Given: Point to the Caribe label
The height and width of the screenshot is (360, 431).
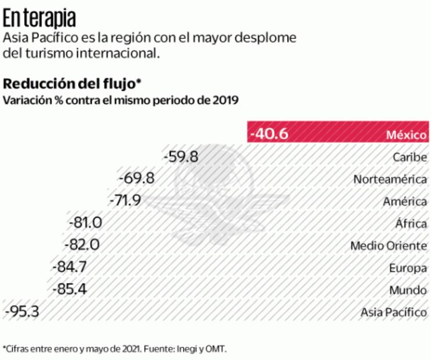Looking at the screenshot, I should coord(410,157).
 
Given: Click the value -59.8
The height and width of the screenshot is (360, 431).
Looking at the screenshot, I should coord(181,157).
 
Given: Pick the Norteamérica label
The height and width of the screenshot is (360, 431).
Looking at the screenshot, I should coord(390,179).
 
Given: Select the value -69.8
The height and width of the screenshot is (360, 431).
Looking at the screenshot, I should coord(136,179).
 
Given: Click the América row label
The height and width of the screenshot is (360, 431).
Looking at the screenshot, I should coord(405,201).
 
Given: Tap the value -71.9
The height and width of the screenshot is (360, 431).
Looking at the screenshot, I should coord(125,201).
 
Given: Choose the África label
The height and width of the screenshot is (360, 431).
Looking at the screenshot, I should coord(411,224).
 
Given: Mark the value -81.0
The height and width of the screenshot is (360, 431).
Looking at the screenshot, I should coord(85,223).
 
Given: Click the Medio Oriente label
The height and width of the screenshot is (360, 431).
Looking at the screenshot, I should coord(389,246).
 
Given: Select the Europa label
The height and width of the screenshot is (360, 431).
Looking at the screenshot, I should coord(409,268).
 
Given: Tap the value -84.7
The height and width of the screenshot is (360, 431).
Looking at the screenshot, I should coord(69,267).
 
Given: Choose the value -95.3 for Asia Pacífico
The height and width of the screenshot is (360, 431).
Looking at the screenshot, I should coord(21,312).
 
